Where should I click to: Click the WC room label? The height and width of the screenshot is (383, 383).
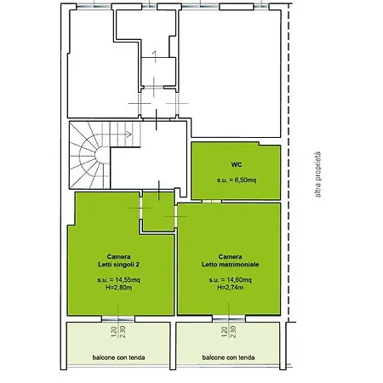coord(237,164)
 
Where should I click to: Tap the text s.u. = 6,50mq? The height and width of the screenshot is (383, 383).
coord(237,180)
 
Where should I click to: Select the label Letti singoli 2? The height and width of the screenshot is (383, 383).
coord(119,265)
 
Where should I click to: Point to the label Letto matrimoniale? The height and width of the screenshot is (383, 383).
coord(231,265)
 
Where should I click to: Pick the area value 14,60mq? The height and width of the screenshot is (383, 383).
coord(239,280)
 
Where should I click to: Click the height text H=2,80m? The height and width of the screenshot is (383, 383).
coord(119,288)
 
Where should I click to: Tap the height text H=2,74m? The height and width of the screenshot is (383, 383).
coord(231,288)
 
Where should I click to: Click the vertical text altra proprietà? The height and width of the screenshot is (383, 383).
coord(318,174)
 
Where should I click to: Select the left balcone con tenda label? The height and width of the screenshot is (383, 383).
coord(118,357)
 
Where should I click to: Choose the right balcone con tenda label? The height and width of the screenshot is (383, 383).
coord(228,357)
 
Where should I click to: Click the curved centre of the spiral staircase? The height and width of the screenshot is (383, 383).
coord(100,156)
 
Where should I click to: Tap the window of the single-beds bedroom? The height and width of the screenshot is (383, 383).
coord(118,319)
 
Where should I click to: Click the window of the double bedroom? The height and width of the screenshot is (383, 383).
coord(229,319)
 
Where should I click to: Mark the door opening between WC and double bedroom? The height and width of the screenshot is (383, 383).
coord(212,202)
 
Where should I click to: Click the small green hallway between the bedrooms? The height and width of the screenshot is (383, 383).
coord(158,211)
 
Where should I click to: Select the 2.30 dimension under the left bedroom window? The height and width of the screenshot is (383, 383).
coord(123,332)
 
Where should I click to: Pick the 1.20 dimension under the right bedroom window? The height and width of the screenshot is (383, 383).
coord(225,332)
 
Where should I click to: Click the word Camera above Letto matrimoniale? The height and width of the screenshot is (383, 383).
coord(230,257)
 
